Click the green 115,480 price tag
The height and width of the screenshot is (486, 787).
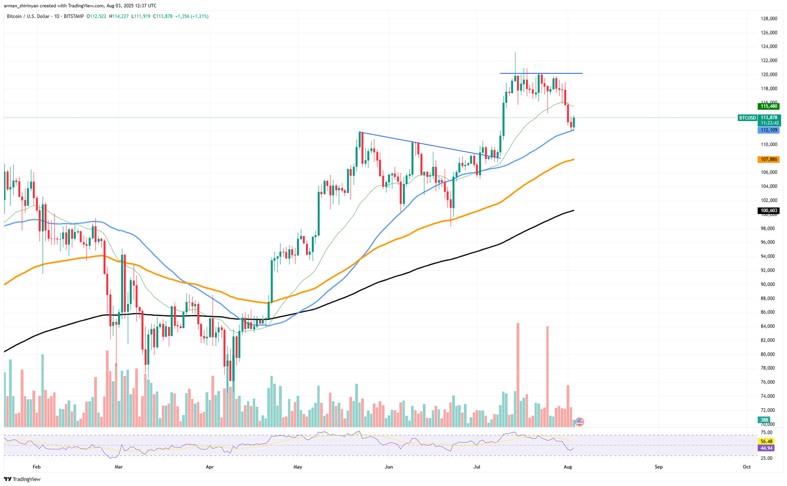coord(769,106)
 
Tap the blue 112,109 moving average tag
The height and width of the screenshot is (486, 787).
coord(769,130)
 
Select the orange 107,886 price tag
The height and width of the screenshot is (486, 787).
coord(769,159)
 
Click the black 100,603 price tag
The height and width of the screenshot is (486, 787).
coord(769,211)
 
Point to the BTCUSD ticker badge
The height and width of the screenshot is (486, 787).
coord(748,118)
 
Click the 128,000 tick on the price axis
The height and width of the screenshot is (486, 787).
coord(769,19)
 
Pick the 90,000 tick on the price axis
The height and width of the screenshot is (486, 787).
coord(769,284)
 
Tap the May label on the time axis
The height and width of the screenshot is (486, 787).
coord(297,467)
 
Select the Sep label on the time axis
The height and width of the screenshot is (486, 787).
coord(659,467)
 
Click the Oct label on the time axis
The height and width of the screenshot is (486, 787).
coord(747,467)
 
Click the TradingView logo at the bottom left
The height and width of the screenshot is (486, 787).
coord(22,479)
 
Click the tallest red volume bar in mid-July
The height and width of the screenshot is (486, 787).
coord(517,374)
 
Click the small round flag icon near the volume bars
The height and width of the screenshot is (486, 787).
coord(579,422)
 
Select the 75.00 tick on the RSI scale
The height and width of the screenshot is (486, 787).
coord(767,432)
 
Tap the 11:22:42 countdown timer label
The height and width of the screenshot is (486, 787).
coord(769,123)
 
